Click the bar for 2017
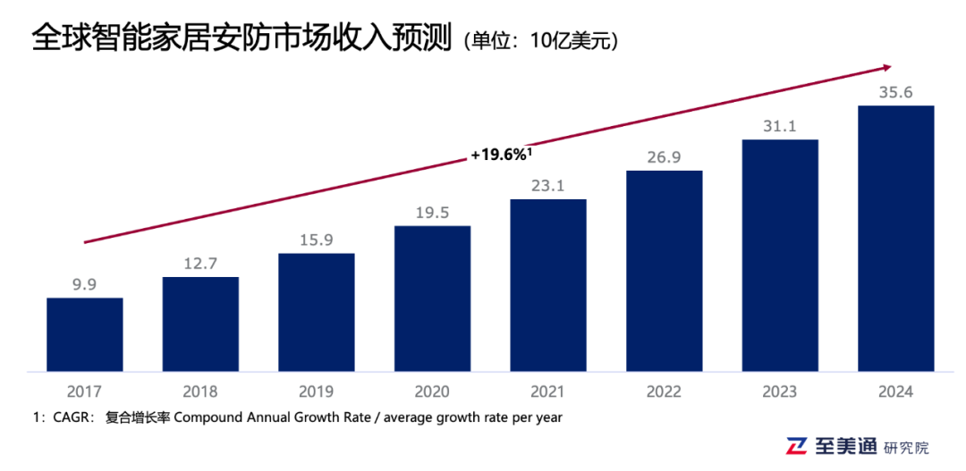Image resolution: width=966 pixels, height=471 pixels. coord(85,334)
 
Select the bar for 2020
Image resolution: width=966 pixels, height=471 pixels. coord(432,299)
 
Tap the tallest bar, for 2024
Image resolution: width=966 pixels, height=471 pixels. coord(895,239)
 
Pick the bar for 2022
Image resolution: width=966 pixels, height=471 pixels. coord(664,271)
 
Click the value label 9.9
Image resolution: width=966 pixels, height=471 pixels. coord(85,285)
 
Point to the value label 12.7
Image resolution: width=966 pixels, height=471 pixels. coord(200,264)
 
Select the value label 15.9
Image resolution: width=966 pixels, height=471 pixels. coord(317,240)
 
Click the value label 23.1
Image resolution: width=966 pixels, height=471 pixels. coord(548,186)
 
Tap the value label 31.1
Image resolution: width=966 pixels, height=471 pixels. coord(780,127)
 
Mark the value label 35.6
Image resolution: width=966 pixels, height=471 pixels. coord(895,92)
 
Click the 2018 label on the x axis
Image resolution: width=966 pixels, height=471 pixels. coord(200,391)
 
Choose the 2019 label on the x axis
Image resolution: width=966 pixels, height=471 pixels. coord(317,391)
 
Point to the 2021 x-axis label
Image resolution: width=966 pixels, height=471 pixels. coord(548,391)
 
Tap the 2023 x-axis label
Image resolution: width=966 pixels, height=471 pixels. coord(780,391)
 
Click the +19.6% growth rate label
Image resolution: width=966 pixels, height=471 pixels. coord(501,156)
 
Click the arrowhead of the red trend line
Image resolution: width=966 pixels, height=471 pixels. coord(886,66)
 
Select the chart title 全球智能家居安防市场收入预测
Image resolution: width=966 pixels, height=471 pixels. coord(241,38)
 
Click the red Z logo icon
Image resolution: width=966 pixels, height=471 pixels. coord(797,446)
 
